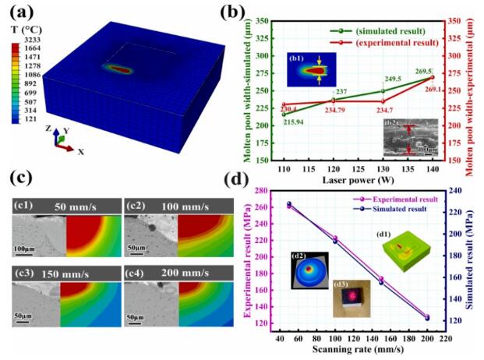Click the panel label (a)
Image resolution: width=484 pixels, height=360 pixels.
(20, 12)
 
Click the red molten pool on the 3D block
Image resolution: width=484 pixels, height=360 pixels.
(119, 69)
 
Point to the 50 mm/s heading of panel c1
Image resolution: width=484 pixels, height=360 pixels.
(76, 206)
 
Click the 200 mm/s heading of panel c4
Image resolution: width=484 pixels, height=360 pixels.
(188, 274)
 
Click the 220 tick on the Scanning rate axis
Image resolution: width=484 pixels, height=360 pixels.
(446, 340)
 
